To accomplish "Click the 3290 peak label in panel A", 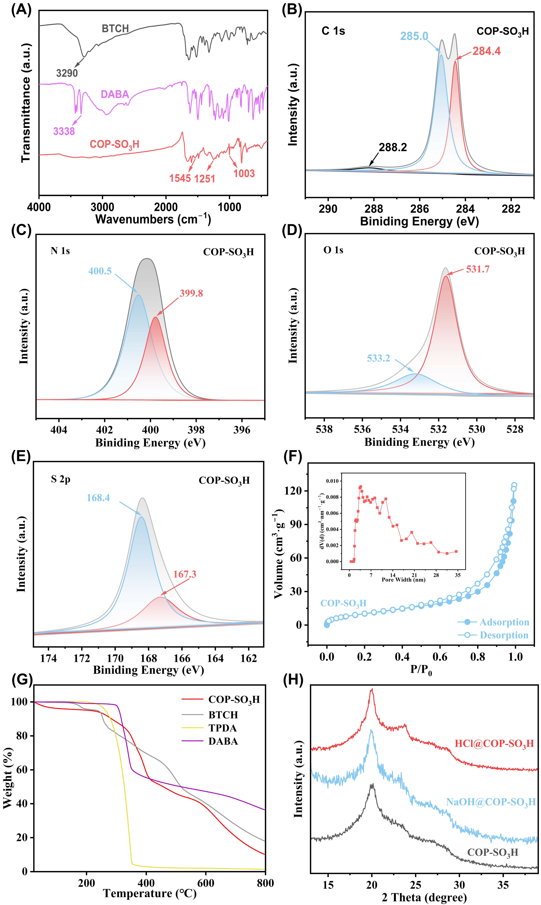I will click(x=67, y=73).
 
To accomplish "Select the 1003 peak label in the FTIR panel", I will click(x=244, y=173).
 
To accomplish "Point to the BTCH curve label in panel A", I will click(x=115, y=28).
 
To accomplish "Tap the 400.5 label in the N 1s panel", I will click(x=100, y=271).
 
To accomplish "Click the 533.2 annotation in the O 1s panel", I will click(x=378, y=358).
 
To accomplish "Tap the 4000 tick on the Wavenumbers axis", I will click(x=39, y=207).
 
